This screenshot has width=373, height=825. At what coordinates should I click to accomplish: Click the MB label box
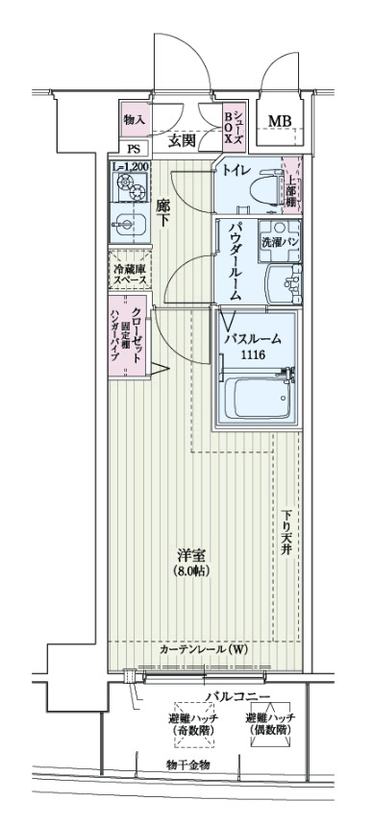point(280,121)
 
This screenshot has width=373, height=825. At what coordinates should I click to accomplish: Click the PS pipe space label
point(134,149)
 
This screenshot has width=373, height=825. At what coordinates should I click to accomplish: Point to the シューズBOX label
point(234,126)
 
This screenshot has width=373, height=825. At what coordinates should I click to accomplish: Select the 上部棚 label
point(290,183)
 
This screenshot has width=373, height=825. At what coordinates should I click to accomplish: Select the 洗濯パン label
point(278,243)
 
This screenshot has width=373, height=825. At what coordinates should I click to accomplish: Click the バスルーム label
point(254,339)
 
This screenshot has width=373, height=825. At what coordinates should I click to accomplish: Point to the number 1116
point(253,354)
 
